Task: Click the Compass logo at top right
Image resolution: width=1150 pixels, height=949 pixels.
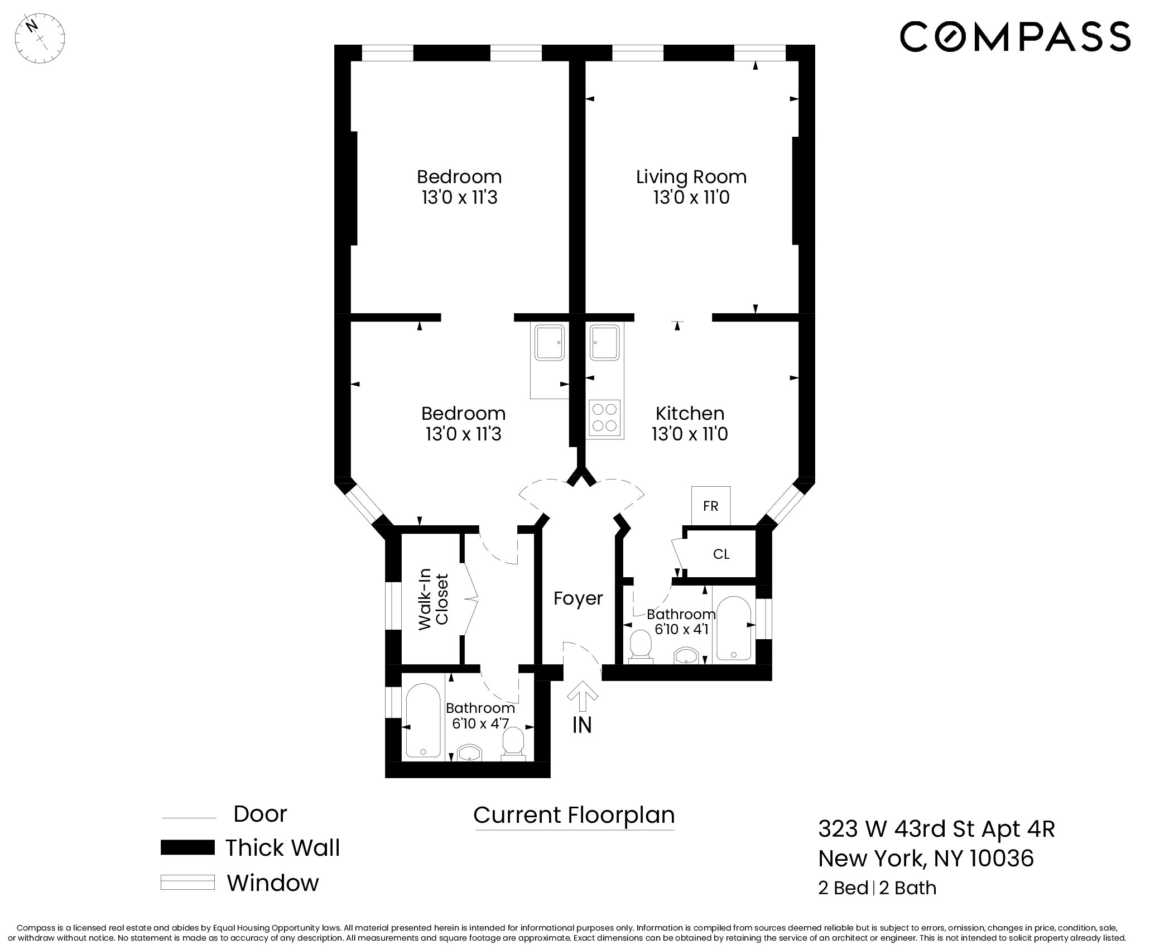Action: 1015,36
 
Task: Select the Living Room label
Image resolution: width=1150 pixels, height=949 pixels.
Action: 691,177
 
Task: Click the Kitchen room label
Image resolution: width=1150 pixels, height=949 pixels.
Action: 690,414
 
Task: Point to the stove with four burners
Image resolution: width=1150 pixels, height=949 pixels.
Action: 605,418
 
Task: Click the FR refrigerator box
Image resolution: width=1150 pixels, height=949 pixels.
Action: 710,506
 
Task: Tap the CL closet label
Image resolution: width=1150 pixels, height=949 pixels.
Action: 721,554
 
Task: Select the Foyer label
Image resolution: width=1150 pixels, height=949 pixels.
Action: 578,598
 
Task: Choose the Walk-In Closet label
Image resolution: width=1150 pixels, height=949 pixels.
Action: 434,599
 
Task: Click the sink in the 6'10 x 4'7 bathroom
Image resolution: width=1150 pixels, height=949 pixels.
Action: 469,753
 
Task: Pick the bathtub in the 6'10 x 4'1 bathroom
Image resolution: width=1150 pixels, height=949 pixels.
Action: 733,629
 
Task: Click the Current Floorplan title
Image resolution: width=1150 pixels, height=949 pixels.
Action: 574,815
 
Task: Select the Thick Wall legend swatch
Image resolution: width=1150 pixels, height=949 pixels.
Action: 187,847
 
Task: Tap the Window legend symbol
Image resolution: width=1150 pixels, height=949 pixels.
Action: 187,882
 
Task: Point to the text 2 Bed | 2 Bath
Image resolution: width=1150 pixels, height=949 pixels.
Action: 877,904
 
